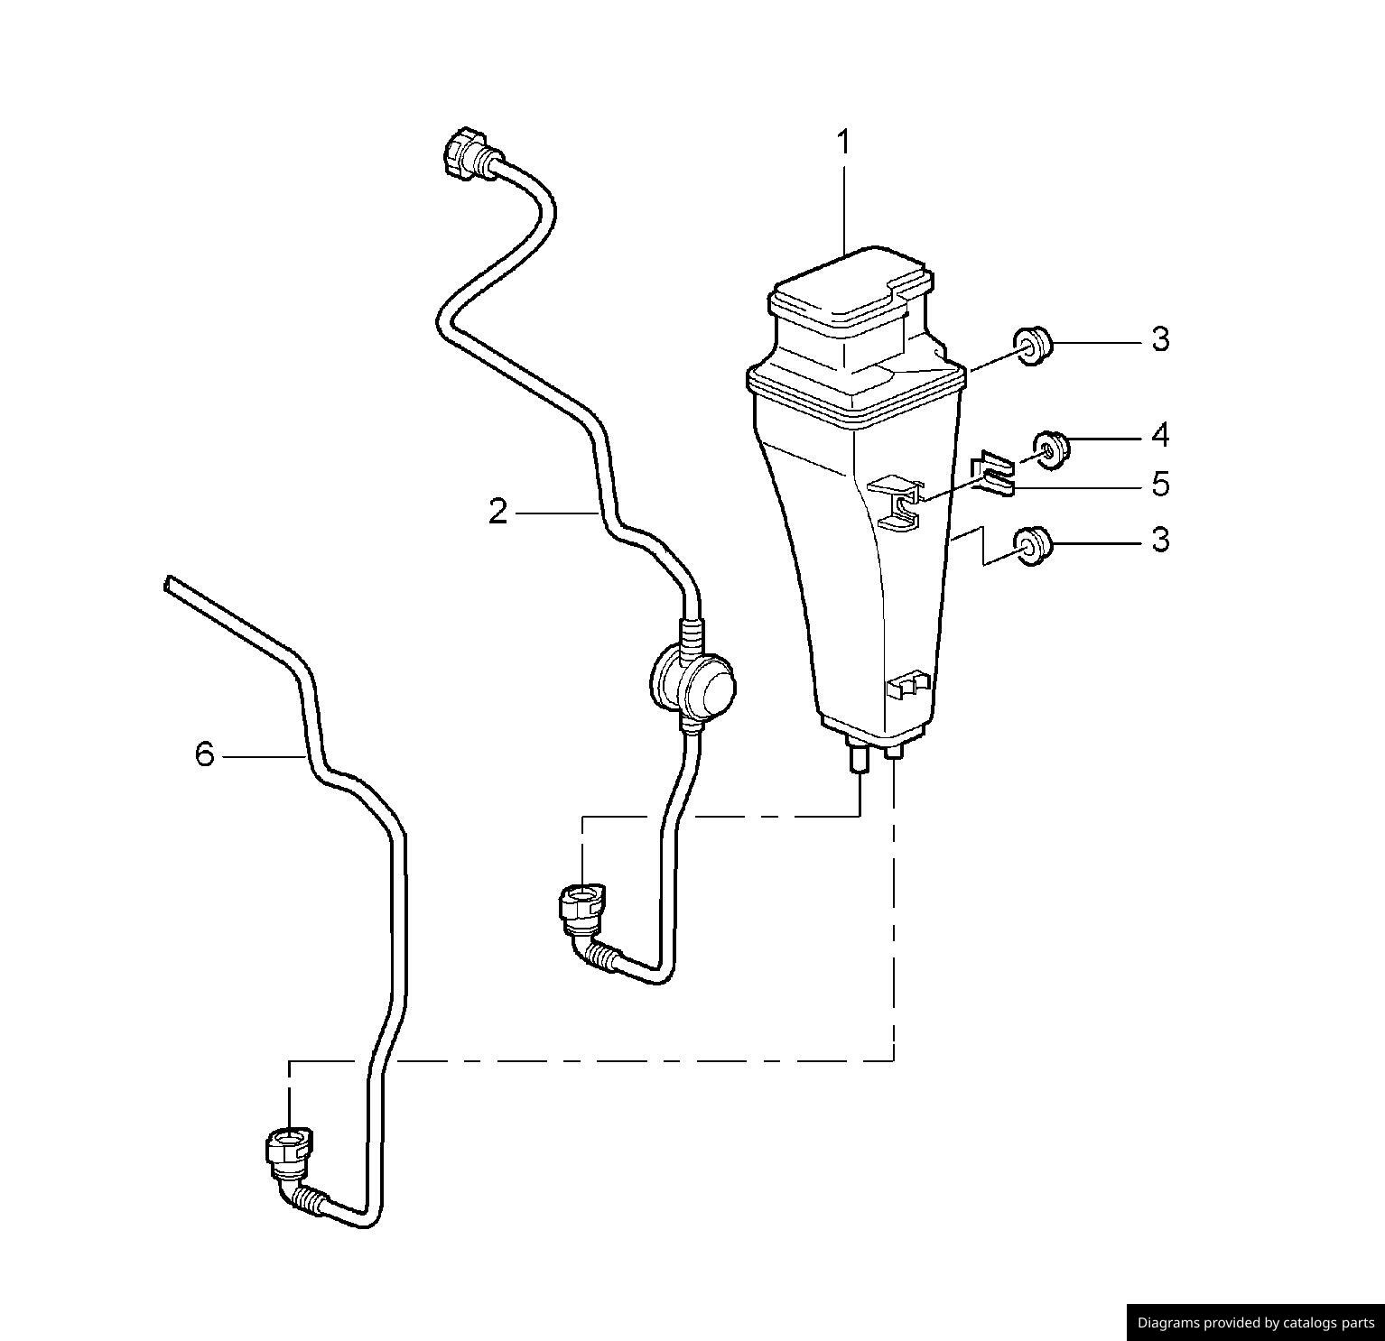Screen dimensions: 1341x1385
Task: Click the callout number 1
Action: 843,143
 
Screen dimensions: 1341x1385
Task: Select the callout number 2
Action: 497,513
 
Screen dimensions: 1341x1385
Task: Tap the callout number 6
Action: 205,754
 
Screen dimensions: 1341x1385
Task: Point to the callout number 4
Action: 1160,435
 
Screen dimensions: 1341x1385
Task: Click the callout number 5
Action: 1160,485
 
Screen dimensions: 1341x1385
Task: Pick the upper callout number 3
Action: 1160,339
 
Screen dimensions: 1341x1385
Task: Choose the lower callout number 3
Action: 1160,541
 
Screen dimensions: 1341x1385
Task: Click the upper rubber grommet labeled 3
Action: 1032,346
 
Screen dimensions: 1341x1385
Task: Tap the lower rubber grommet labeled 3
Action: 1032,545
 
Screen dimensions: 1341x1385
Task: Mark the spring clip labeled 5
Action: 992,475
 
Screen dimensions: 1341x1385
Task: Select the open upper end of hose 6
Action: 168,584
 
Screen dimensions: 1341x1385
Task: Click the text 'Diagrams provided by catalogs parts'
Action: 1255,1323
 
